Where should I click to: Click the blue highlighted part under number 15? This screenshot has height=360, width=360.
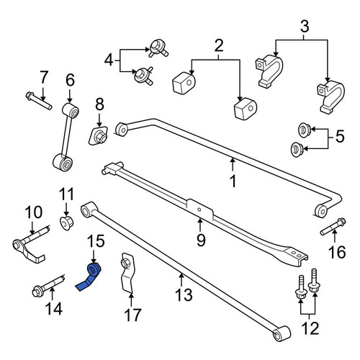(91, 276)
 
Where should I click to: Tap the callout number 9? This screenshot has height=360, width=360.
(201, 240)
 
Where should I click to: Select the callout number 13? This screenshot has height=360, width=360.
(184, 294)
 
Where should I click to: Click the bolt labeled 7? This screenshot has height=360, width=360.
(38, 101)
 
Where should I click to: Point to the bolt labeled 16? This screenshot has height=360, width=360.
(333, 226)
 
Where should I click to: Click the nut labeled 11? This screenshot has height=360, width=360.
(66, 222)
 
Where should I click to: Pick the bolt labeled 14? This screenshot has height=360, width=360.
(49, 285)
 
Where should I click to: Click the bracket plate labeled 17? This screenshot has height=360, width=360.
(127, 274)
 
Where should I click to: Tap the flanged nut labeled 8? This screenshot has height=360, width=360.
(99, 136)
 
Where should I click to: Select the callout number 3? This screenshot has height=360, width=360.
(305, 26)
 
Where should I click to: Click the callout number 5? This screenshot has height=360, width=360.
(340, 137)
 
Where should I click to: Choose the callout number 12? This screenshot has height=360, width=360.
(310, 328)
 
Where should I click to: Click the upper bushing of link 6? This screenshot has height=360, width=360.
(71, 111)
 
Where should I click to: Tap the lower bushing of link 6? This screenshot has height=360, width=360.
(63, 163)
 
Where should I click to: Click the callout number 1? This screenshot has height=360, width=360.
(233, 181)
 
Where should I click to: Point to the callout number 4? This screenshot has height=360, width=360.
(109, 60)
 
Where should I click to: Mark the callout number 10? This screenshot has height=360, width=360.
(34, 212)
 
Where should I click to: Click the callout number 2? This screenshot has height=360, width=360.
(219, 45)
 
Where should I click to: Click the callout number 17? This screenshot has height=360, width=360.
(133, 315)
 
